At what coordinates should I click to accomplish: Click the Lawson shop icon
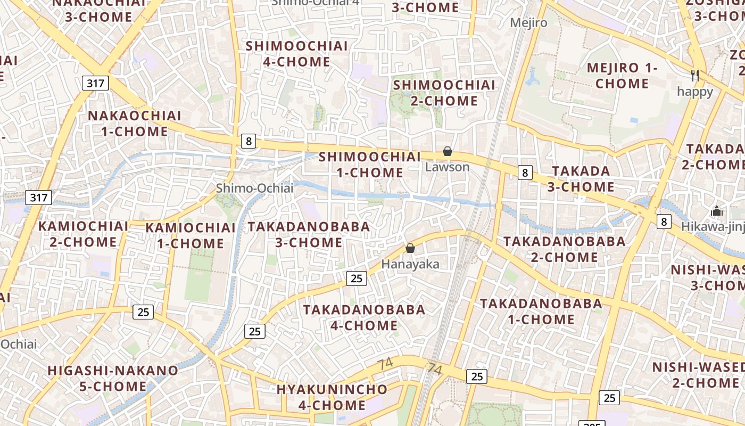point(448,152)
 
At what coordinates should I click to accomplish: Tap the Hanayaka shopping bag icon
point(410,248)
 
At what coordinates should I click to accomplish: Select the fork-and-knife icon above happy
point(694,75)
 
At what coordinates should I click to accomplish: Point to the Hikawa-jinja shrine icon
point(717,211)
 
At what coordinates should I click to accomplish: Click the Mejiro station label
point(528,23)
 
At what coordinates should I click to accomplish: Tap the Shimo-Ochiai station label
point(254,188)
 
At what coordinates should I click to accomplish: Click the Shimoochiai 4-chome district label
point(296,54)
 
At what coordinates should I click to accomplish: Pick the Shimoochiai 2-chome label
point(444,93)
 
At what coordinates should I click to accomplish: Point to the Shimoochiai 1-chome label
point(370,165)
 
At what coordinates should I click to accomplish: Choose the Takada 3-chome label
point(581,179)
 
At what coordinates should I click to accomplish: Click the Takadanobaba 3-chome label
point(309,234)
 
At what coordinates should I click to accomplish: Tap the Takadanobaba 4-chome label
point(365,317)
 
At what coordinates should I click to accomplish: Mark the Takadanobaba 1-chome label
point(541,312)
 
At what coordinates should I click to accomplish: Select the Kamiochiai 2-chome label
point(83,234)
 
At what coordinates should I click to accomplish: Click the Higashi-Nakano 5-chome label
point(113,378)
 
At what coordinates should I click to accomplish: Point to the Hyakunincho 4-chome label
point(332,397)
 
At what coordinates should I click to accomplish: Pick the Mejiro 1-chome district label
point(622,76)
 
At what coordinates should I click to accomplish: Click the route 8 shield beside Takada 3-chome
point(525,173)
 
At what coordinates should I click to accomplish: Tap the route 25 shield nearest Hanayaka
point(357,278)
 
